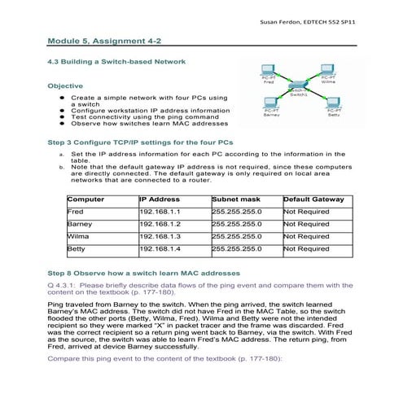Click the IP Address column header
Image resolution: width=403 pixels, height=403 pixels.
click(160, 199)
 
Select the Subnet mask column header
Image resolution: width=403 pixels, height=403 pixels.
click(236, 199)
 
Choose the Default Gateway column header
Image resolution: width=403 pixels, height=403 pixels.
click(313, 199)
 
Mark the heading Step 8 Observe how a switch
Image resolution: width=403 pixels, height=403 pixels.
click(144, 272)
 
